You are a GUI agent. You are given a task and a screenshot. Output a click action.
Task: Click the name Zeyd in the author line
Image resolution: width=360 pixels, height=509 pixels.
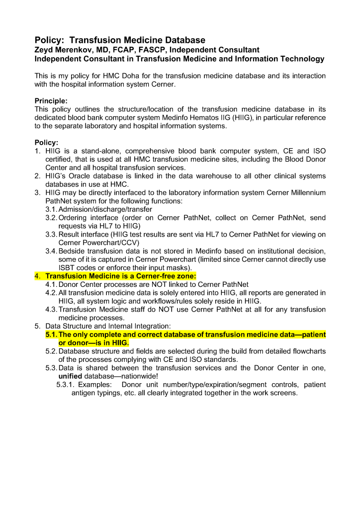(x=46, y=50)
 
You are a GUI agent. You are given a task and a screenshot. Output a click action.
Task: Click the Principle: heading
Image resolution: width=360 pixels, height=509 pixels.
(x=51, y=101)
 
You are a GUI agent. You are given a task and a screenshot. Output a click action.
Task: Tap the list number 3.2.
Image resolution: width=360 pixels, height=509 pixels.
(x=51, y=218)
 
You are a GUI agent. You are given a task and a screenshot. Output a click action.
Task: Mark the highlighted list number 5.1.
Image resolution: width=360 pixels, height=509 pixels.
(x=51, y=335)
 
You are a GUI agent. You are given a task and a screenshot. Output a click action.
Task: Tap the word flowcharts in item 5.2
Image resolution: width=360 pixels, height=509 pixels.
(x=308, y=351)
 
